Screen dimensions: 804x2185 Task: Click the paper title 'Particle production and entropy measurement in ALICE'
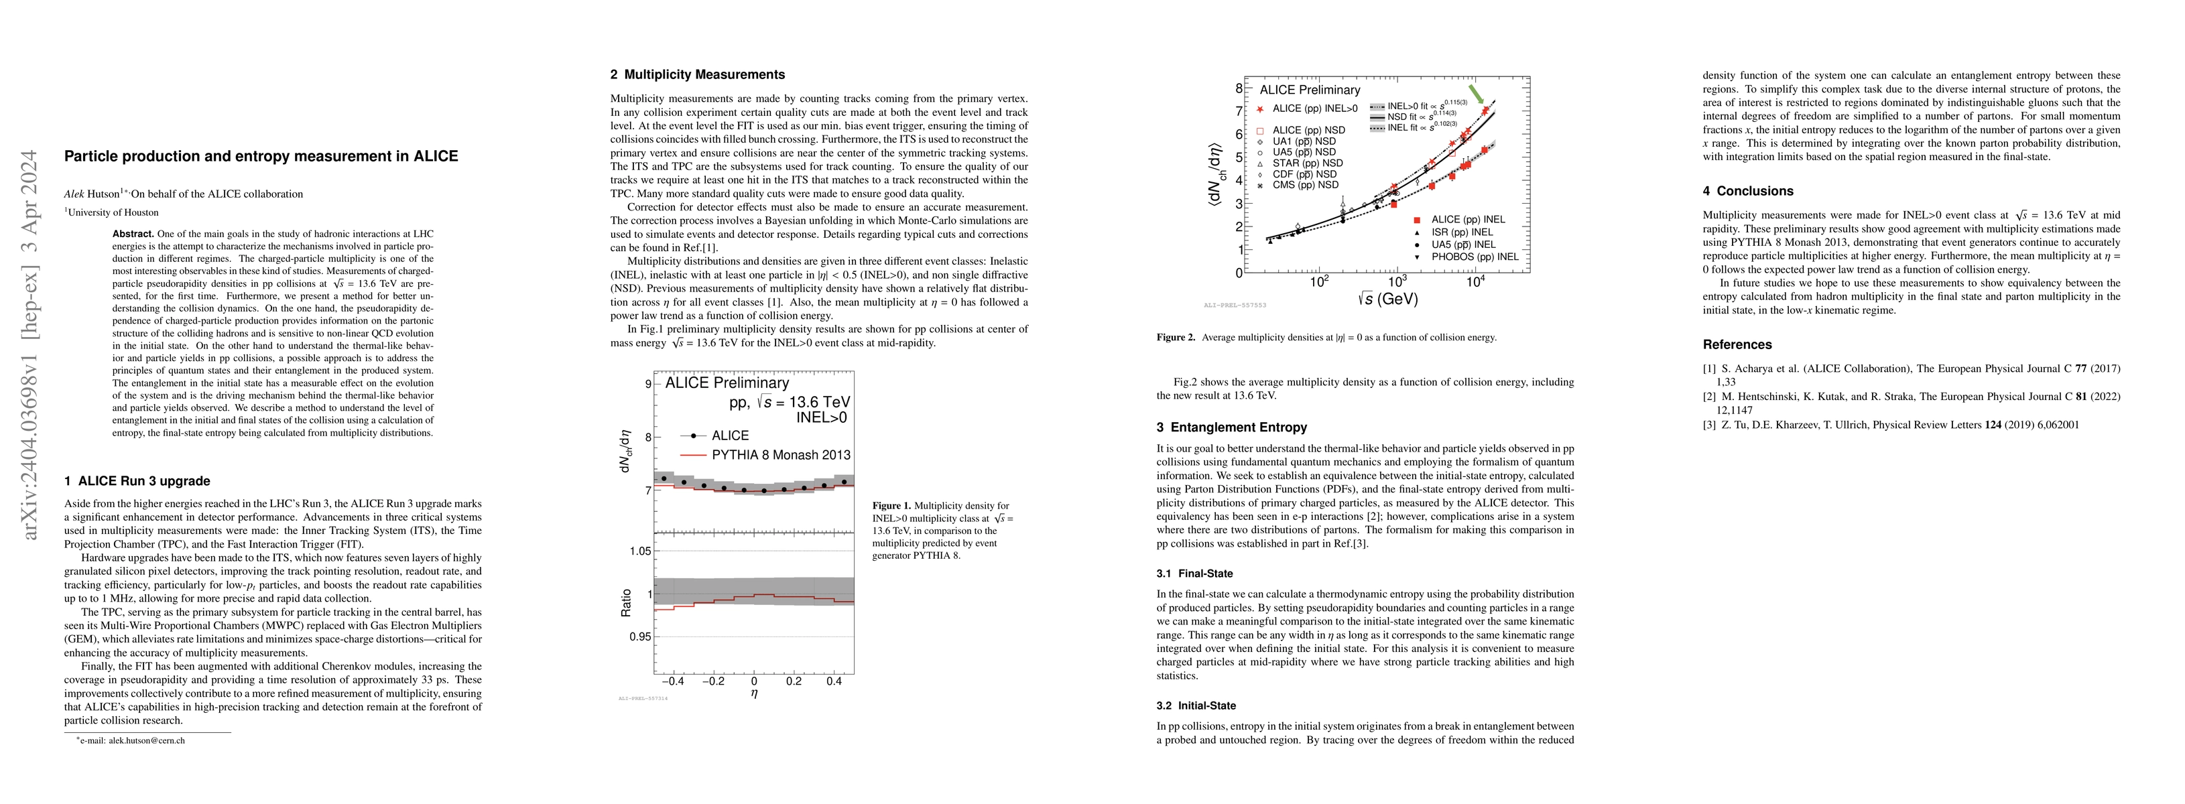pos(261,156)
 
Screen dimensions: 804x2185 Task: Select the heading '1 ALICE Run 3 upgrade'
pos(137,481)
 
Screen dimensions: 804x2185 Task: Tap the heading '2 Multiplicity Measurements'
pos(697,74)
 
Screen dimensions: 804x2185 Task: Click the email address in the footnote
pos(134,740)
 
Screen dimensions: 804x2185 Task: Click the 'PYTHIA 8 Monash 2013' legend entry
pos(780,454)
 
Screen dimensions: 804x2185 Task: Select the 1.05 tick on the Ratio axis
pos(639,551)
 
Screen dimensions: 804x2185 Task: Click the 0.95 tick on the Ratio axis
pos(639,637)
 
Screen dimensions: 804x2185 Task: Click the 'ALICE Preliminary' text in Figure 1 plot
pos(727,383)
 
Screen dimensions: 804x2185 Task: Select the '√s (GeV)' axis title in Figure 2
pos(1379,299)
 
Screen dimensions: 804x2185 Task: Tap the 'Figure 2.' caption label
pos(1176,338)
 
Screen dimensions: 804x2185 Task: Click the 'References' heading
pos(1737,344)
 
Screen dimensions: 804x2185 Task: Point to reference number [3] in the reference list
pos(1709,425)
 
